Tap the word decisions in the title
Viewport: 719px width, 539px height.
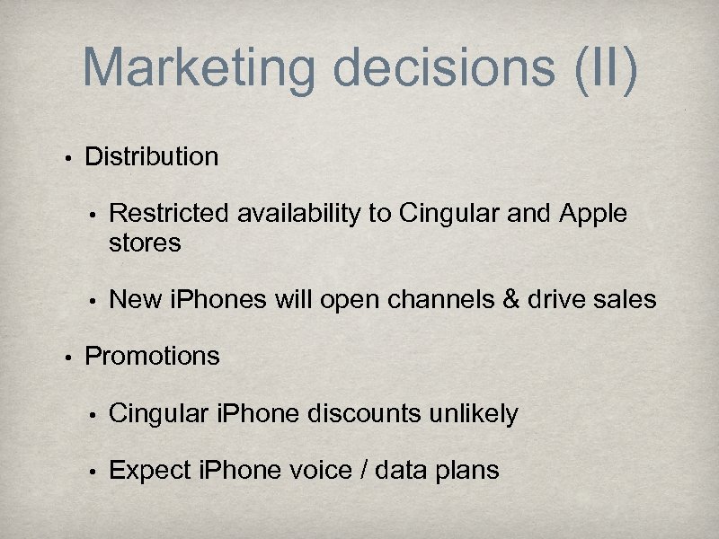click(x=437, y=67)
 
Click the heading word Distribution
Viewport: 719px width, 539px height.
click(x=151, y=156)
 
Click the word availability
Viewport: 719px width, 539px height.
click(x=297, y=214)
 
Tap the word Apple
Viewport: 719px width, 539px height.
click(x=593, y=214)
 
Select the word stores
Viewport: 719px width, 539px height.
click(x=145, y=243)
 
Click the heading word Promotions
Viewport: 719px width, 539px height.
click(x=152, y=356)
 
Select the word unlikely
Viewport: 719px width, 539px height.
click(x=476, y=413)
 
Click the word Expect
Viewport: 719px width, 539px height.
click(x=150, y=470)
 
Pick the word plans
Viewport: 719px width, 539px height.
click(x=467, y=470)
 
